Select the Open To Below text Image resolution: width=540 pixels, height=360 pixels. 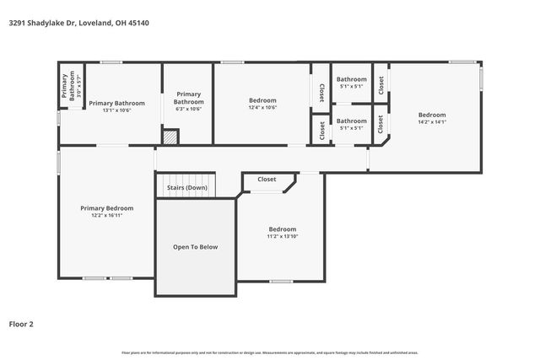click(195, 247)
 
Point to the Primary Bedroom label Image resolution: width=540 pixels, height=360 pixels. click(106, 208)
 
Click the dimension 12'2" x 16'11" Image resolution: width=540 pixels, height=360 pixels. click(106, 215)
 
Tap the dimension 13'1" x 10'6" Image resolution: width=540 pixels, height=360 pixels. click(116, 110)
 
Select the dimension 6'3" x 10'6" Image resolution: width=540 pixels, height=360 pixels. click(188, 109)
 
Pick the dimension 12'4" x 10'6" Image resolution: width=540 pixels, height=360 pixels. click(262, 107)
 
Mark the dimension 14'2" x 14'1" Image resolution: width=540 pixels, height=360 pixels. click(432, 122)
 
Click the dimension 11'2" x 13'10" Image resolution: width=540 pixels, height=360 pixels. click(282, 236)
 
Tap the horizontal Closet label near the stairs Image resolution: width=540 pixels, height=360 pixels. click(267, 180)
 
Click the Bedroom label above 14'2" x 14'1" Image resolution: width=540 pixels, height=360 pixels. click(432, 115)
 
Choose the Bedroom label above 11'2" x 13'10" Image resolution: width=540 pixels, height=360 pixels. click(282, 229)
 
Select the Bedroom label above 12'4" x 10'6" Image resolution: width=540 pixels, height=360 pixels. click(262, 99)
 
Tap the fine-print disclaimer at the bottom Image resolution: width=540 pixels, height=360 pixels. click(269, 352)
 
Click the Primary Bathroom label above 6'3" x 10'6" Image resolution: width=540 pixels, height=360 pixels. click(188, 98)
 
